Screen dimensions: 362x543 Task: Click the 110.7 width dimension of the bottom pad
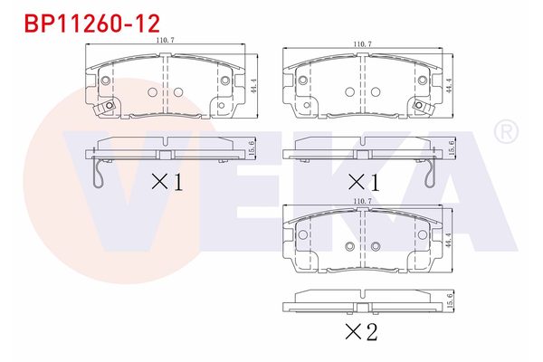coord(363,201)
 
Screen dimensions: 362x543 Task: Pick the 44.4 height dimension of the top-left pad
coord(256,88)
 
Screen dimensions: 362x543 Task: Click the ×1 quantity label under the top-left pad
coord(167,181)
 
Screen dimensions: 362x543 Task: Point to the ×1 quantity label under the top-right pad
coord(362,181)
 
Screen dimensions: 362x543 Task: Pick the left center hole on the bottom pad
coord(349,247)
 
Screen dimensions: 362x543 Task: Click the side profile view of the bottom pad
coord(362,301)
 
